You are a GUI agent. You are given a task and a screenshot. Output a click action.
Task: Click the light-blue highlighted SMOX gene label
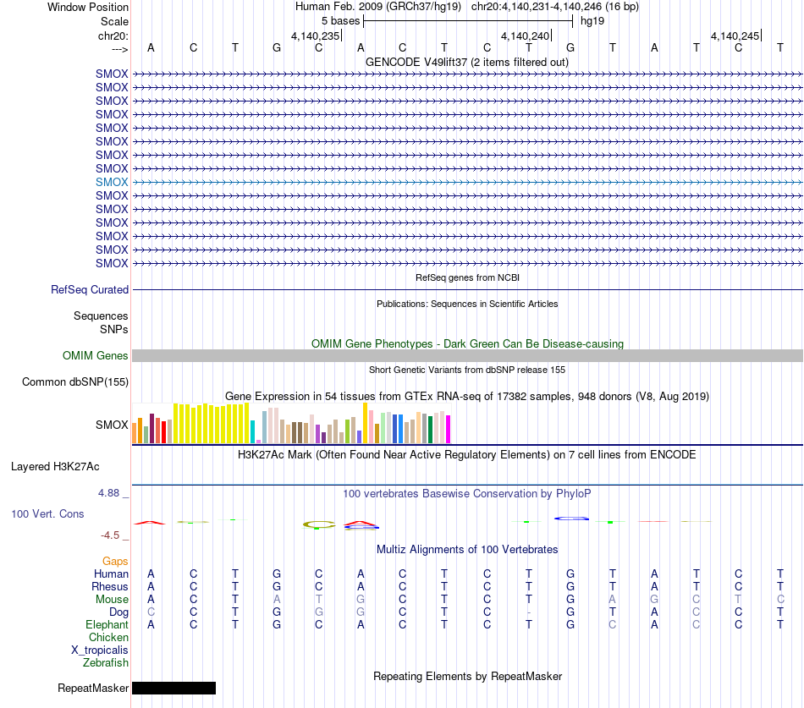click(111, 182)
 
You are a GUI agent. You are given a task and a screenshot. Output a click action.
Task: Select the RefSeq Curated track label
click(90, 289)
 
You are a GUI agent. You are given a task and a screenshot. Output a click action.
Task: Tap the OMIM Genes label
click(96, 356)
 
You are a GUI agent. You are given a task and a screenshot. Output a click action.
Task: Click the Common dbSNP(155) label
click(75, 382)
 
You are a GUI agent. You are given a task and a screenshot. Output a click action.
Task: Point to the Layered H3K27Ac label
click(55, 467)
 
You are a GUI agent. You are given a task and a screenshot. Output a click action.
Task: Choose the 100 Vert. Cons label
click(47, 513)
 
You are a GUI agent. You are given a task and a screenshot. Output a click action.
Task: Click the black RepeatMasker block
click(173, 688)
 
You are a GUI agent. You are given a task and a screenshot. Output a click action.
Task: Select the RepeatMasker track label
click(93, 688)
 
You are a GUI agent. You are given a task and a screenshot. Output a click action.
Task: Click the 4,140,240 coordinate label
click(525, 36)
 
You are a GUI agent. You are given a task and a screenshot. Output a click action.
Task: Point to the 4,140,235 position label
click(316, 36)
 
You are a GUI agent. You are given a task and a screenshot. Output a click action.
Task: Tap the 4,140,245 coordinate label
click(735, 36)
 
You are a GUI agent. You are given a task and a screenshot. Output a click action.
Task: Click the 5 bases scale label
click(340, 21)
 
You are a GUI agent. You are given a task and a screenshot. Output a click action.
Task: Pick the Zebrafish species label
click(106, 663)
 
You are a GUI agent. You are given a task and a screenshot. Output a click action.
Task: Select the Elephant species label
click(107, 625)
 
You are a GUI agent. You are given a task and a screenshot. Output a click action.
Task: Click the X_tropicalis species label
click(100, 650)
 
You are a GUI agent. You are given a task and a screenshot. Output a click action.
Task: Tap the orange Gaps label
click(115, 562)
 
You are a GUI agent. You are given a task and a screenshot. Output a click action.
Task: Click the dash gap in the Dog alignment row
click(529, 612)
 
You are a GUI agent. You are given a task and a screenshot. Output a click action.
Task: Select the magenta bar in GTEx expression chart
click(449, 429)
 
